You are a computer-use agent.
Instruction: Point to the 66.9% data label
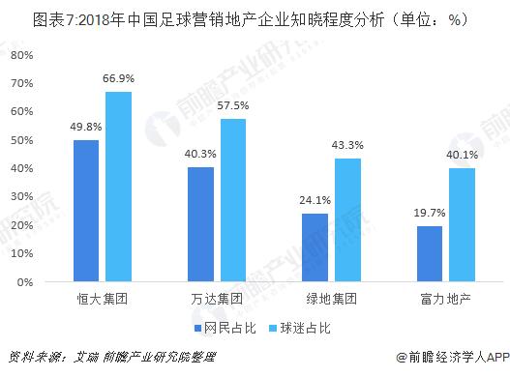[118, 78]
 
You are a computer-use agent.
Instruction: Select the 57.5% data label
[232, 105]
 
